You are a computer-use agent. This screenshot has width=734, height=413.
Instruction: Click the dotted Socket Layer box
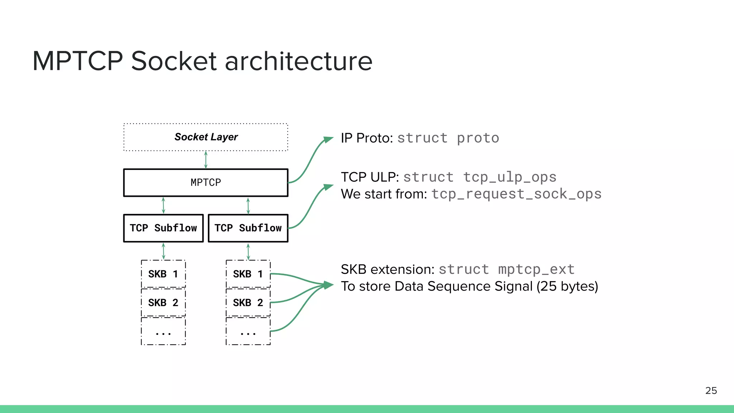coord(206,137)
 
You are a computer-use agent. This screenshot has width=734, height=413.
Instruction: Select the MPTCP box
coord(206,182)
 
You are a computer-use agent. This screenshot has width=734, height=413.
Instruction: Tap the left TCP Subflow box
coord(163,228)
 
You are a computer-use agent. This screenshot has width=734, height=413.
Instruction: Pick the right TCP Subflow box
coord(248,228)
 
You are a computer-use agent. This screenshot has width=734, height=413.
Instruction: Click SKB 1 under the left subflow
coord(163,274)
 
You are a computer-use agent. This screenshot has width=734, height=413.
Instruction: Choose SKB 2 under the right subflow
coord(248,303)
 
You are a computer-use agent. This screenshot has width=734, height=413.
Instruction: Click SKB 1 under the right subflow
coord(248,274)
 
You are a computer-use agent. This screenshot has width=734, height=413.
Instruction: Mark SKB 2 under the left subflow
coord(163,303)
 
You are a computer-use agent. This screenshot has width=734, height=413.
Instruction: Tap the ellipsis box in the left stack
coord(163,331)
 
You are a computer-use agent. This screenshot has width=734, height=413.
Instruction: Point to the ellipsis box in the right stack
coord(248,331)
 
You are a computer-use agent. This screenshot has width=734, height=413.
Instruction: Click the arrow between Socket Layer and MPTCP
coord(206,160)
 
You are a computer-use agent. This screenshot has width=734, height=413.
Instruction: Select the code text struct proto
coord(448,138)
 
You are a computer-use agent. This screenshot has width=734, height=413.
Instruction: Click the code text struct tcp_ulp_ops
coord(480,177)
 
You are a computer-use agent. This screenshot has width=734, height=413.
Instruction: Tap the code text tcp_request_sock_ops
coord(516,194)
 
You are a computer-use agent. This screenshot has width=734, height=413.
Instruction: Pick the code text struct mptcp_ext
coord(506,269)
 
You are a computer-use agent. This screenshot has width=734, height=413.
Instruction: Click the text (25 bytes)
coord(567,286)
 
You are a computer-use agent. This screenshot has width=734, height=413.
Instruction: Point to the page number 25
coord(711,390)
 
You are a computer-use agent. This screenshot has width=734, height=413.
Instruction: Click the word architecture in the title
coord(299,61)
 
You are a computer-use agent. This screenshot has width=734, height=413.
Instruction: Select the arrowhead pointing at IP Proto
coord(328,139)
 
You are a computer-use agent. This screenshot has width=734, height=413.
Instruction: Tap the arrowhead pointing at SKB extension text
coord(328,285)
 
